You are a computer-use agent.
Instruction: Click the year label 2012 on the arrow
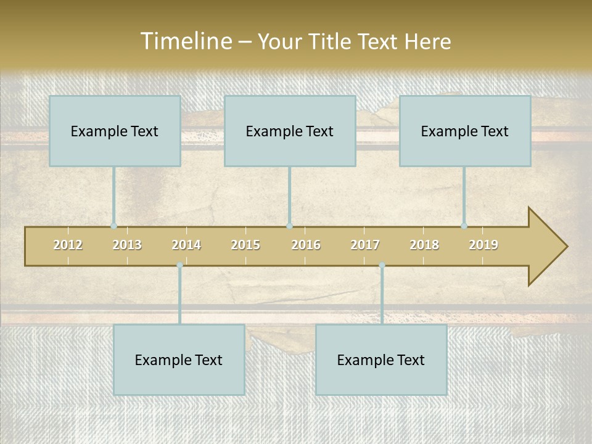pos(68,245)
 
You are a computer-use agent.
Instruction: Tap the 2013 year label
pos(127,245)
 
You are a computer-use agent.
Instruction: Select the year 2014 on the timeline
pos(186,245)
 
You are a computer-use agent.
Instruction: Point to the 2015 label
pos(245,245)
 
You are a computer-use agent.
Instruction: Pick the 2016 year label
pos(306,245)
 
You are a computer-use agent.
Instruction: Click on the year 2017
pos(365,245)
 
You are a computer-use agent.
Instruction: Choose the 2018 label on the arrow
pos(424,245)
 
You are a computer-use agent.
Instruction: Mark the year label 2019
pos(483,245)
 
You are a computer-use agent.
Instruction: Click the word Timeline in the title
pos(185,41)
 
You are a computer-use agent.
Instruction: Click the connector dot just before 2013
pos(114,226)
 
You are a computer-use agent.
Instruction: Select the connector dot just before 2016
pos(289,226)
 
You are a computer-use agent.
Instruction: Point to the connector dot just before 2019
pos(464,226)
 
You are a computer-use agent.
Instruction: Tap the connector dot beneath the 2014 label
pos(179,265)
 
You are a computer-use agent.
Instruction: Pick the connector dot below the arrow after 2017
pos(382,265)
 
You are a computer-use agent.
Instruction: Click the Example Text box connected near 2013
pos(115,131)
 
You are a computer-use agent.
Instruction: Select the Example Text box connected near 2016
pos(290,131)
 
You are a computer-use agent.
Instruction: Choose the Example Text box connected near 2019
pos(465,131)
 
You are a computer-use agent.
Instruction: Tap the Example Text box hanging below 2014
pos(179,360)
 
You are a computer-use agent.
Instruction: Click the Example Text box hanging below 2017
pos(381,360)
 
